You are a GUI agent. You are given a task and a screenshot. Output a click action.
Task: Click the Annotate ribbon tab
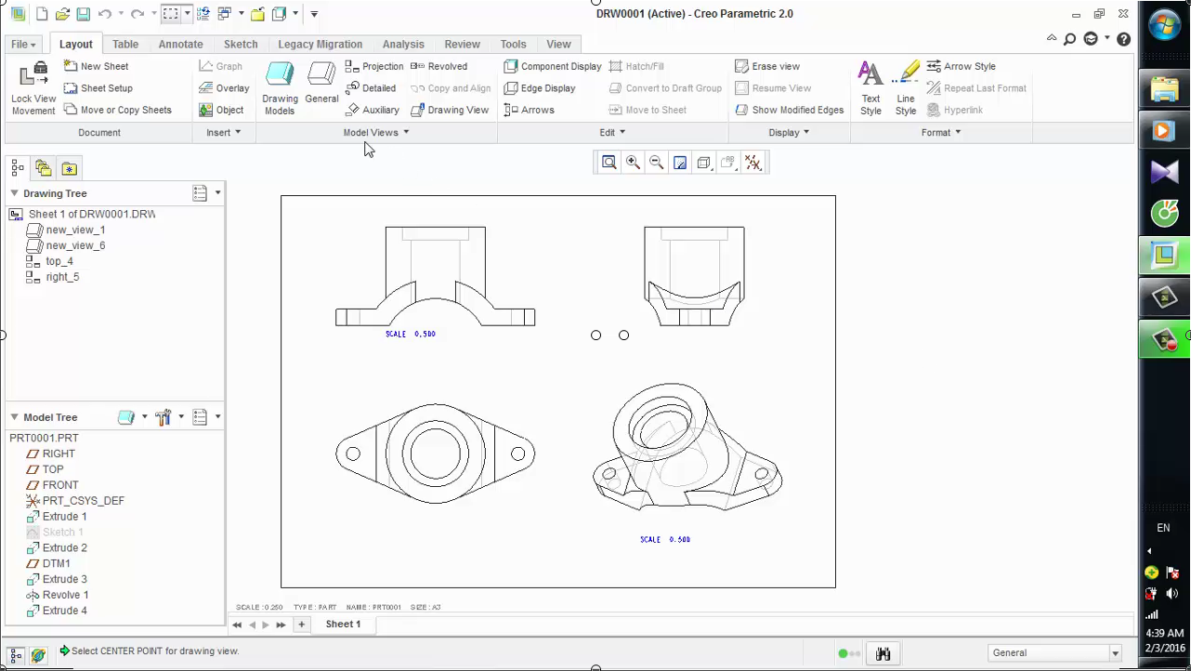click(180, 44)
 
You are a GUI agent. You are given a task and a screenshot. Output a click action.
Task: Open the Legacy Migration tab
click(320, 44)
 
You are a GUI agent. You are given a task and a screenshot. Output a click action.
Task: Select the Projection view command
click(373, 66)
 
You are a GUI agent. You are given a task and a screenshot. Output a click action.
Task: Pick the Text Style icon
click(870, 88)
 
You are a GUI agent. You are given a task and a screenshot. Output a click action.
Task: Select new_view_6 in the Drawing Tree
click(75, 245)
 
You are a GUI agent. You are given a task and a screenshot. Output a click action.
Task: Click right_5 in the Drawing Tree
click(62, 277)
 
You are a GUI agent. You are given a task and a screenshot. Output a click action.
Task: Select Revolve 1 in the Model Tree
click(65, 595)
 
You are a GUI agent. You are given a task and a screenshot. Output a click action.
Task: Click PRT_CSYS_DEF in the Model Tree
click(83, 501)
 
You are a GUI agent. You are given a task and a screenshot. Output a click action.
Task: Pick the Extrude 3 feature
click(64, 579)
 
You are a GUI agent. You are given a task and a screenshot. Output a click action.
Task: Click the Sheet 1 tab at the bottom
click(343, 625)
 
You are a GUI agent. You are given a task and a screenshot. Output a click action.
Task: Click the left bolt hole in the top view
click(353, 454)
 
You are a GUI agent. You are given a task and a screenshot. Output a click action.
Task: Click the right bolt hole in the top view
click(518, 454)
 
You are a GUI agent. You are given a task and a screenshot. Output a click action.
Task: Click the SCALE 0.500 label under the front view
click(411, 334)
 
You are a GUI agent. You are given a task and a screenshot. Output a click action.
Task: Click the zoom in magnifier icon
click(633, 163)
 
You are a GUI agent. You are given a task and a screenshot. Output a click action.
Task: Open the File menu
click(23, 44)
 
